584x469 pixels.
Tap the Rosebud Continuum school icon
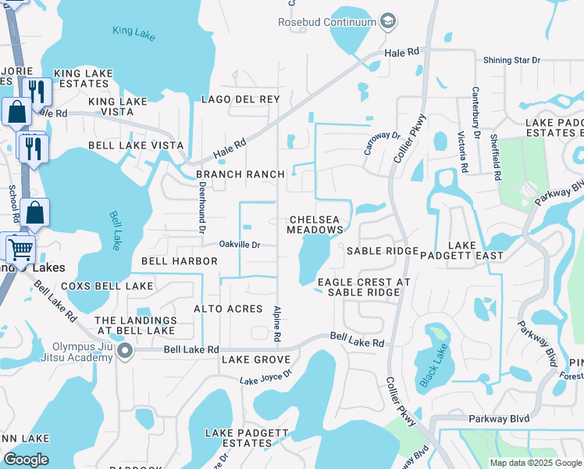click(x=388, y=21)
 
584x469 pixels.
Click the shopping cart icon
click(x=20, y=249)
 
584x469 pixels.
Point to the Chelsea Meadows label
click(x=315, y=225)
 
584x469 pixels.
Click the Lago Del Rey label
click(x=240, y=99)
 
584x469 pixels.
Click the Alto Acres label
click(x=228, y=310)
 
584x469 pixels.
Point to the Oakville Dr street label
click(x=239, y=245)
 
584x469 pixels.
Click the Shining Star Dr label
click(x=511, y=60)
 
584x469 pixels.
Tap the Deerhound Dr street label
click(x=201, y=208)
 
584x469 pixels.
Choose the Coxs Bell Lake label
click(x=106, y=286)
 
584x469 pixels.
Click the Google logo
click(x=26, y=460)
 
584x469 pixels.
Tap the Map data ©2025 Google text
click(x=535, y=463)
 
